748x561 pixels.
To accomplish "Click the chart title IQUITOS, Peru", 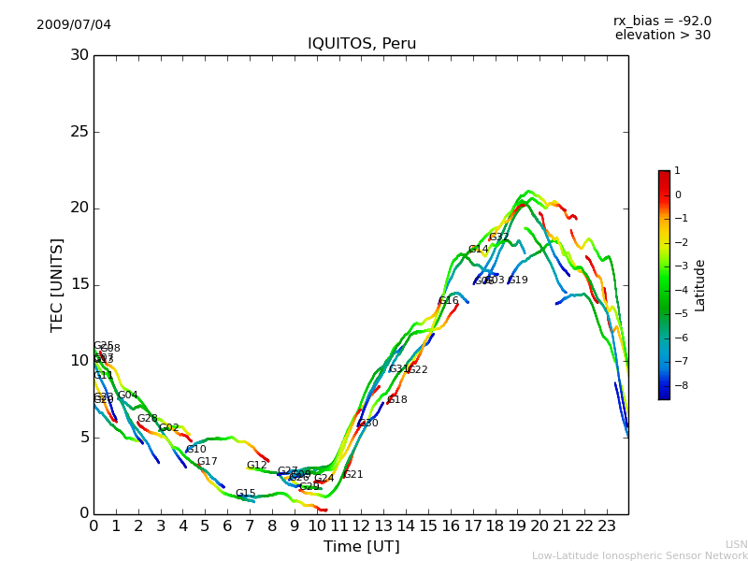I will click(362, 44).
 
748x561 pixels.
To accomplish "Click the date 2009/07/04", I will click(74, 24).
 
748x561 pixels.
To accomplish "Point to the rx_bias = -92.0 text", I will click(662, 21).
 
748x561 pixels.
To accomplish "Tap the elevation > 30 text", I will click(662, 36).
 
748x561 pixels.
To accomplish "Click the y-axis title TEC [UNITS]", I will click(57, 284).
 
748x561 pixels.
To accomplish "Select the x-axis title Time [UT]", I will click(361, 547).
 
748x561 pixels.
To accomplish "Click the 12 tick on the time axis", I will click(361, 525).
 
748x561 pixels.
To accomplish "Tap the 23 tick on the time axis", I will click(606, 525).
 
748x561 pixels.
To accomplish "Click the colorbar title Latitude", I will click(699, 285).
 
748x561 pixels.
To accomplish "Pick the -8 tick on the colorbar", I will click(678, 384).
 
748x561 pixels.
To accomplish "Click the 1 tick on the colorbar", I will click(677, 171).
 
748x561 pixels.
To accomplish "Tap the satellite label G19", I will click(518, 280).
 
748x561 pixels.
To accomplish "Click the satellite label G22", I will click(417, 370).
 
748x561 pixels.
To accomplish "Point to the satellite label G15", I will click(245, 494).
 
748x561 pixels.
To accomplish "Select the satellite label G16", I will click(449, 301).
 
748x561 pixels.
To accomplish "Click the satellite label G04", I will click(127, 396).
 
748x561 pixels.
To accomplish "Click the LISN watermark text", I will click(736, 544).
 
